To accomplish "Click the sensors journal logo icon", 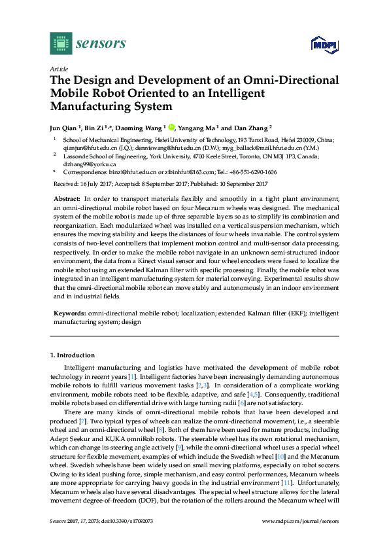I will click(61, 43).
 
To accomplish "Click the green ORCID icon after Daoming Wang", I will click(172, 128).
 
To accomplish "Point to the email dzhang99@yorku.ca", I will click(84, 164).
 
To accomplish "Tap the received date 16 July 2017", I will click(95, 183).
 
